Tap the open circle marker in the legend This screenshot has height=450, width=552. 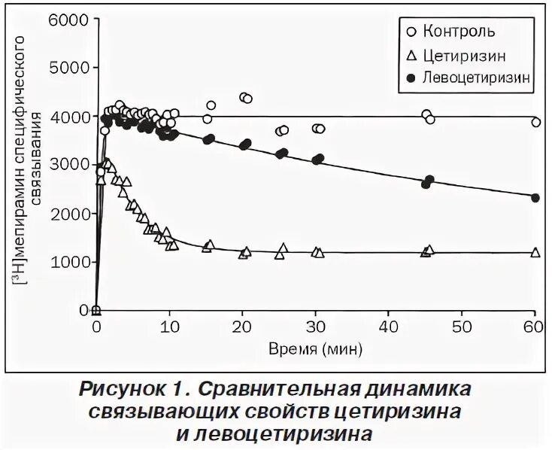(410, 32)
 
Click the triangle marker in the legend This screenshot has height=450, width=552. (410, 54)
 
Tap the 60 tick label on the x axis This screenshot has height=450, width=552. (535, 328)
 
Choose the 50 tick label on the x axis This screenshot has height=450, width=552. (461, 328)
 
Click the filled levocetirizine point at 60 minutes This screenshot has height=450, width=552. (535, 197)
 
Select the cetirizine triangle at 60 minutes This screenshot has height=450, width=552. (535, 252)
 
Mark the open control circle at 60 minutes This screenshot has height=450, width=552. (535, 122)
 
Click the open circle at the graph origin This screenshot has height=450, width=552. (96, 310)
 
